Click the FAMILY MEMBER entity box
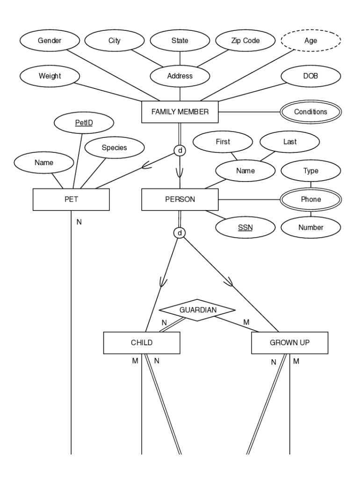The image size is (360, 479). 180,112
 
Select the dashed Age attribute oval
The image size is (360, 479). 311,41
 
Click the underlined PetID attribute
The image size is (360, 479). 83,124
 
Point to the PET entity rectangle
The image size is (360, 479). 71,199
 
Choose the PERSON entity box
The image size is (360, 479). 180,199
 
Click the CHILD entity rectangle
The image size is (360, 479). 142,342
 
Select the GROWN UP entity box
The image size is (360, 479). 289,342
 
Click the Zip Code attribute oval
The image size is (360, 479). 245,41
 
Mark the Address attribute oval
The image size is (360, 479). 180,75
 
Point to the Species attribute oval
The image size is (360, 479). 114,148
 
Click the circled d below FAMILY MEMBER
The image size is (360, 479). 180,151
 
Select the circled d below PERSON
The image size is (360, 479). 180,232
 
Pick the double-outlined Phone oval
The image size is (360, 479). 311,199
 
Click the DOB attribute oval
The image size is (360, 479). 311,75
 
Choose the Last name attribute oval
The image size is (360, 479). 289,142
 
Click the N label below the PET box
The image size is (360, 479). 79,222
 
